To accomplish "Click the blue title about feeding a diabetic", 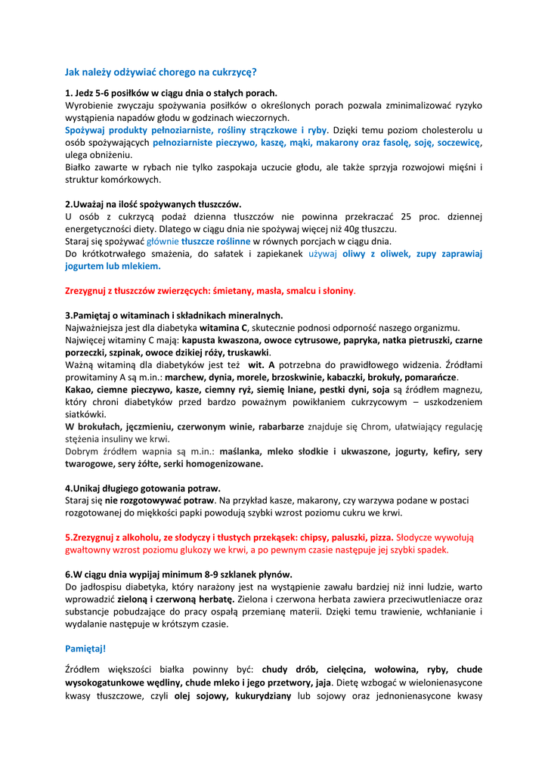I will [160, 73].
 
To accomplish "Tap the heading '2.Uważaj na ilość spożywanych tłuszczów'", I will [153, 204].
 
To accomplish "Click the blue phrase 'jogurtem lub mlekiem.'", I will [113, 266].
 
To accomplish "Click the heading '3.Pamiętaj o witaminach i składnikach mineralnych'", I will [174, 315].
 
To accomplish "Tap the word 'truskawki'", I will [248, 352].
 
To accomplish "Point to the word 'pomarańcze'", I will [431, 377].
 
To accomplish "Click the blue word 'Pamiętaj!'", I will [85, 649].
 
